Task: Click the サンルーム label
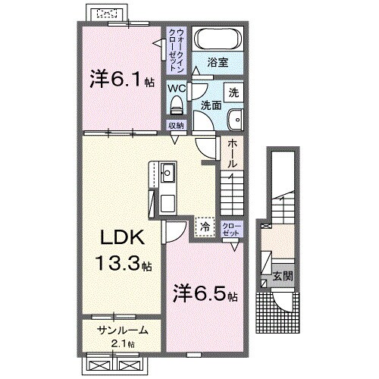[121, 332]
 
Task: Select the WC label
[176, 88]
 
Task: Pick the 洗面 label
[212, 106]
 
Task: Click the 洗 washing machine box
[234, 91]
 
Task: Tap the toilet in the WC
[176, 104]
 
